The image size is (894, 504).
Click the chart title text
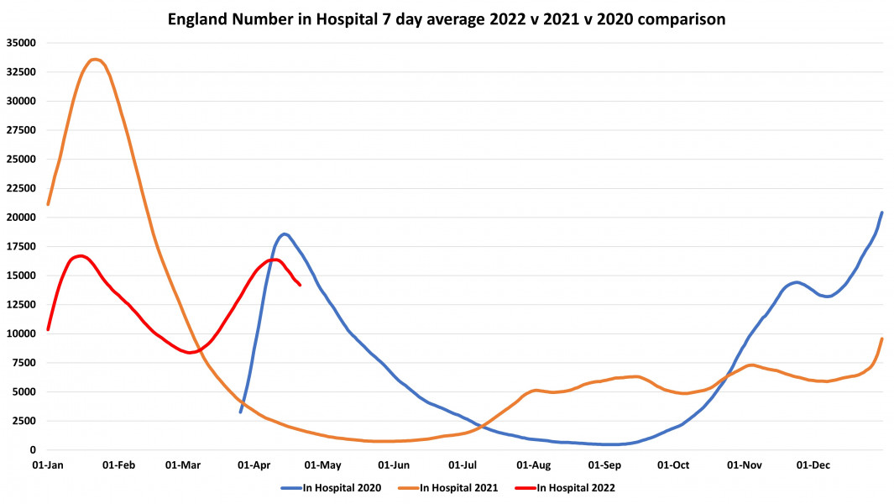[447, 17]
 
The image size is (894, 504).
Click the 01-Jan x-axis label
[48, 464]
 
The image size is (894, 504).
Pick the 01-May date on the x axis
[323, 464]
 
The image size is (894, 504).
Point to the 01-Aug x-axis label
[533, 464]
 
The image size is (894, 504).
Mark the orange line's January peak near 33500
[96, 60]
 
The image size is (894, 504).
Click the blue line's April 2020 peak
[285, 234]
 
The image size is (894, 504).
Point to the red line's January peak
[81, 255]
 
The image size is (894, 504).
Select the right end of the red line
[301, 285]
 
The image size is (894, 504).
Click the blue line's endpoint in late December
[881, 213]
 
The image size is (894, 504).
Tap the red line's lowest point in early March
[190, 353]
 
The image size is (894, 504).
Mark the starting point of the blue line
[240, 412]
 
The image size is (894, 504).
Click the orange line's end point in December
[881, 339]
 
